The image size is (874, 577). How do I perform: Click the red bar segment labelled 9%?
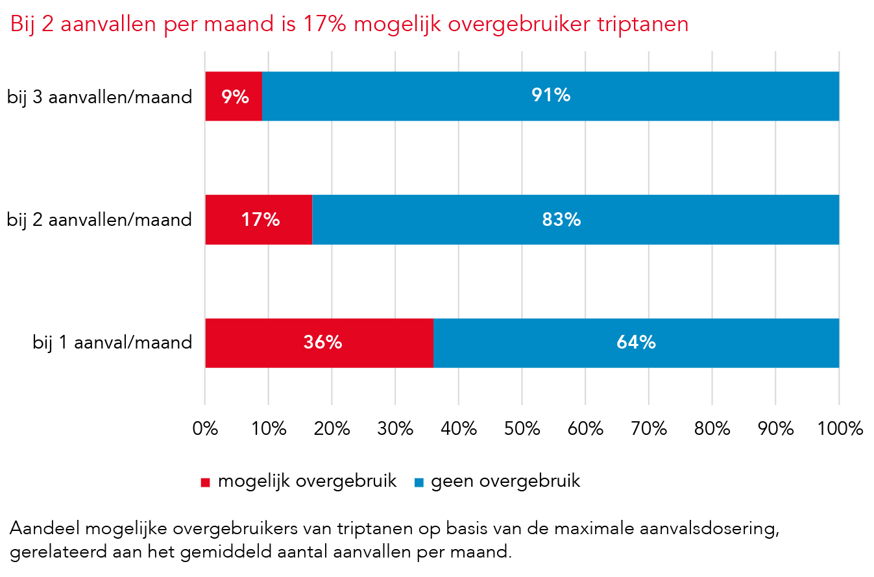pyautogui.click(x=234, y=96)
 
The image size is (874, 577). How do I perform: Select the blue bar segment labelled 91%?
pyautogui.click(x=550, y=96)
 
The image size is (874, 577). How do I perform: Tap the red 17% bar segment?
pyautogui.click(x=259, y=219)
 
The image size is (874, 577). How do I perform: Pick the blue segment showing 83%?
pyautogui.click(x=576, y=219)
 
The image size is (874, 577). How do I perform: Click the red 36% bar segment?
pyautogui.click(x=319, y=343)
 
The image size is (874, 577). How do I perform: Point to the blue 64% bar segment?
pyautogui.click(x=636, y=343)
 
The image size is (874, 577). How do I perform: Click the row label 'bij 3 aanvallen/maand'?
pyautogui.click(x=100, y=97)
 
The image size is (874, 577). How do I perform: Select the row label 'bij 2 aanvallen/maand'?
pyautogui.click(x=100, y=220)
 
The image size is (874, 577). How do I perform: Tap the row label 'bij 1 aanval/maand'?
pyautogui.click(x=113, y=343)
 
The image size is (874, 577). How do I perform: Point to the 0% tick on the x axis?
pyautogui.click(x=205, y=429)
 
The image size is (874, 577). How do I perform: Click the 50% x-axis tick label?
pyautogui.click(x=522, y=429)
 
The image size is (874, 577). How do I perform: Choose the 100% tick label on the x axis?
pyautogui.click(x=839, y=429)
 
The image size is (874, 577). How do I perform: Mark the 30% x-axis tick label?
pyautogui.click(x=395, y=429)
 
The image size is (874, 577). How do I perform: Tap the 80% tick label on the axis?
pyautogui.click(x=712, y=429)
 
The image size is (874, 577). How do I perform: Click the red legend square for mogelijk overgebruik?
pyautogui.click(x=206, y=482)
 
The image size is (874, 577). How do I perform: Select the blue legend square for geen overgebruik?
pyautogui.click(x=419, y=482)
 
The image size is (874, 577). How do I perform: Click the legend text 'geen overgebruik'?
pyautogui.click(x=505, y=481)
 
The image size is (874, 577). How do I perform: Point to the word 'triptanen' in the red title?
pyautogui.click(x=635, y=25)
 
